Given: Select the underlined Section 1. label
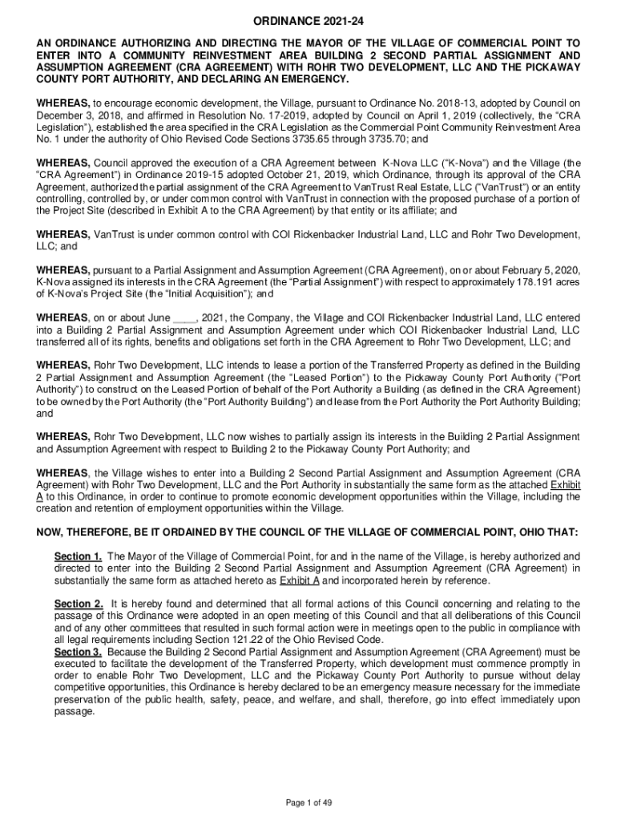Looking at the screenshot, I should [78, 556].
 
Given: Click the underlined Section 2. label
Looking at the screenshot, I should [78, 603].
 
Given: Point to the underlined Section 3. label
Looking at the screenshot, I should [78, 652].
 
